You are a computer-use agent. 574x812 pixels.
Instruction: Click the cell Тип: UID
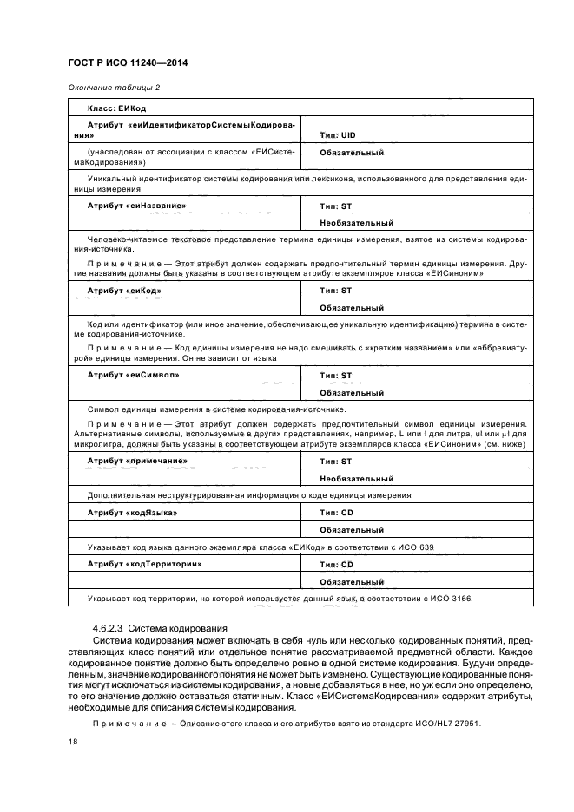[338, 135]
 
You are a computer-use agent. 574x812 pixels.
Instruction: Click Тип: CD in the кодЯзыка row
[336, 513]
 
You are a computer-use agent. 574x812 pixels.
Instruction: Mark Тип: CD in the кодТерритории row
[336, 565]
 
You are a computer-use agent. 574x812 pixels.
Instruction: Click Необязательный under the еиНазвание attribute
[356, 223]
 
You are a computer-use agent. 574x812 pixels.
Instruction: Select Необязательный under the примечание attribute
[356, 478]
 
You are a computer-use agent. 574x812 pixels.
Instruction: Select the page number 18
[73, 743]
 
